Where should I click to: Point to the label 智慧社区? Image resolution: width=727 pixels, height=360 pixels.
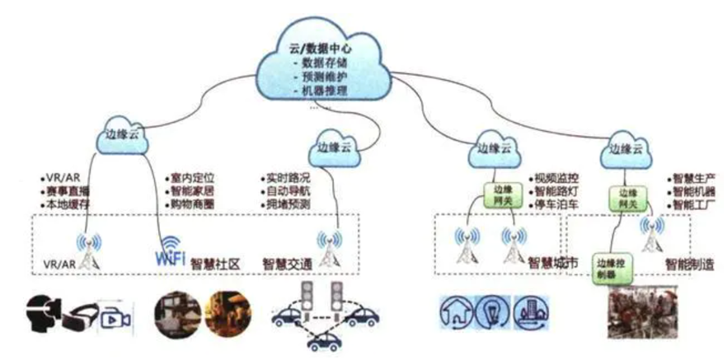[x=215, y=264]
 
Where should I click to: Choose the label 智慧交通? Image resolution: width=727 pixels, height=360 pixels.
[x=288, y=264]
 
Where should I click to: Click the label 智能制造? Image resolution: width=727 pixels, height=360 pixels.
[x=690, y=264]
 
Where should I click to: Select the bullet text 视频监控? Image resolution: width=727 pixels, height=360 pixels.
[x=556, y=177]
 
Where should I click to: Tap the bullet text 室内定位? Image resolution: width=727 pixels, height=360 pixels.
[x=192, y=177]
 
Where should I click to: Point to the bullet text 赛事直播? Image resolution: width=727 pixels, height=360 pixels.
[x=68, y=190]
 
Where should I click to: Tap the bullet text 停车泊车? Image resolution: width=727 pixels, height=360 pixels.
[x=556, y=203]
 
